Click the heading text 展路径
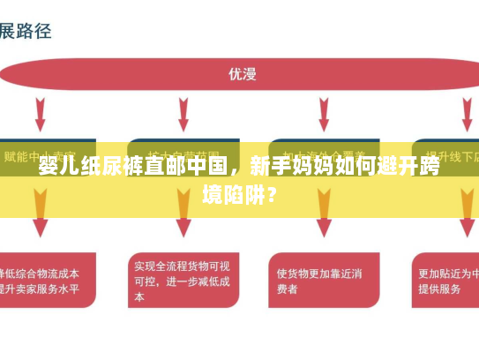(26, 31)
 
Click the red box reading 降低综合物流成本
(46, 280)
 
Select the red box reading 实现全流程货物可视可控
(182, 280)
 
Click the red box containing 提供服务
(445, 280)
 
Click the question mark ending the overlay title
(273, 192)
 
